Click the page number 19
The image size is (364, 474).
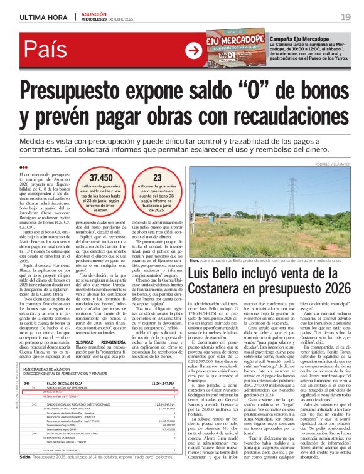coord(346,16)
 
